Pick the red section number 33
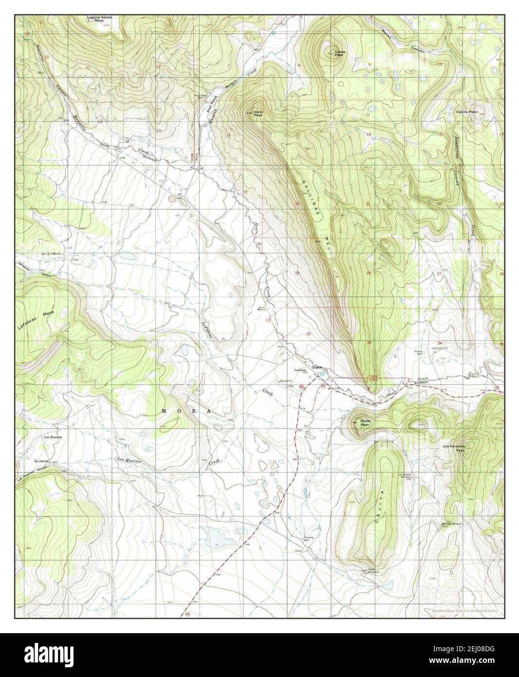tap(369, 343)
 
